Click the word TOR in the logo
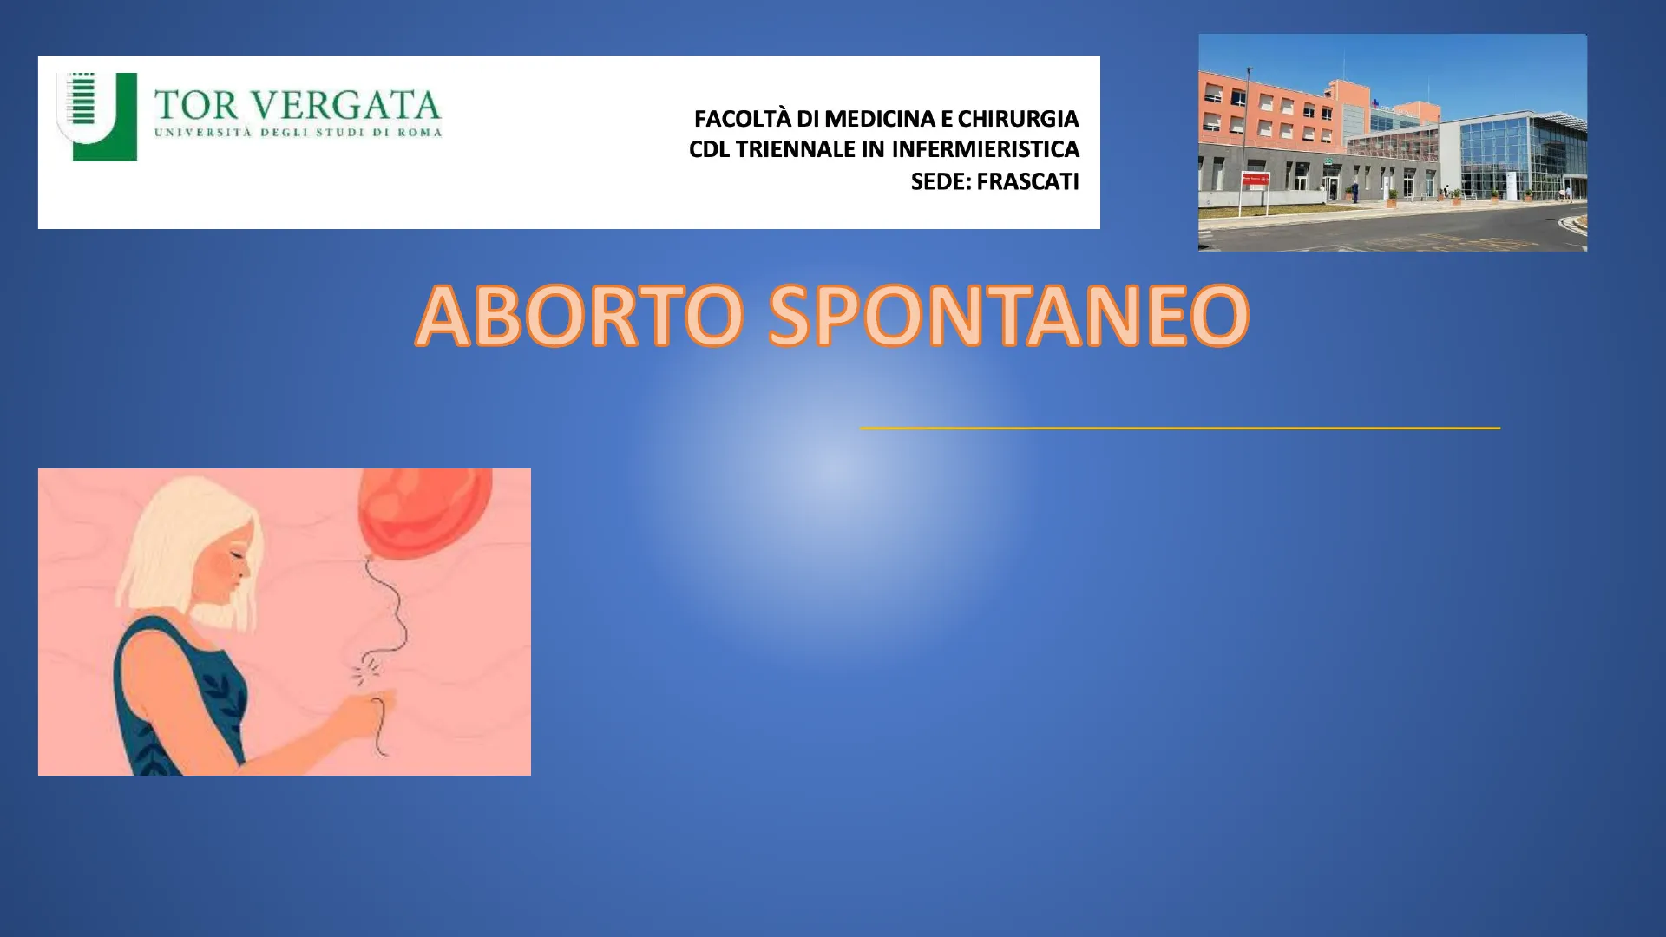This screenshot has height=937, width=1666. click(196, 106)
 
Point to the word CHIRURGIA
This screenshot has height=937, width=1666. click(1018, 119)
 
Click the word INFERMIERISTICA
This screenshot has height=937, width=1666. click(985, 150)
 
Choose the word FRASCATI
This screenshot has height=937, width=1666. click(1028, 182)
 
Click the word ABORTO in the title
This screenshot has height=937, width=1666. click(580, 315)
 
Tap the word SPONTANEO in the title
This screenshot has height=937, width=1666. click(1009, 315)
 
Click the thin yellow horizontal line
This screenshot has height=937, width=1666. click(1180, 428)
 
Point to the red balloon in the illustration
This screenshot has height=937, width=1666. click(425, 512)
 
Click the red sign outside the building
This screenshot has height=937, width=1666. click(1255, 179)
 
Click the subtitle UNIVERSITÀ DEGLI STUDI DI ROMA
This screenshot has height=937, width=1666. click(298, 133)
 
